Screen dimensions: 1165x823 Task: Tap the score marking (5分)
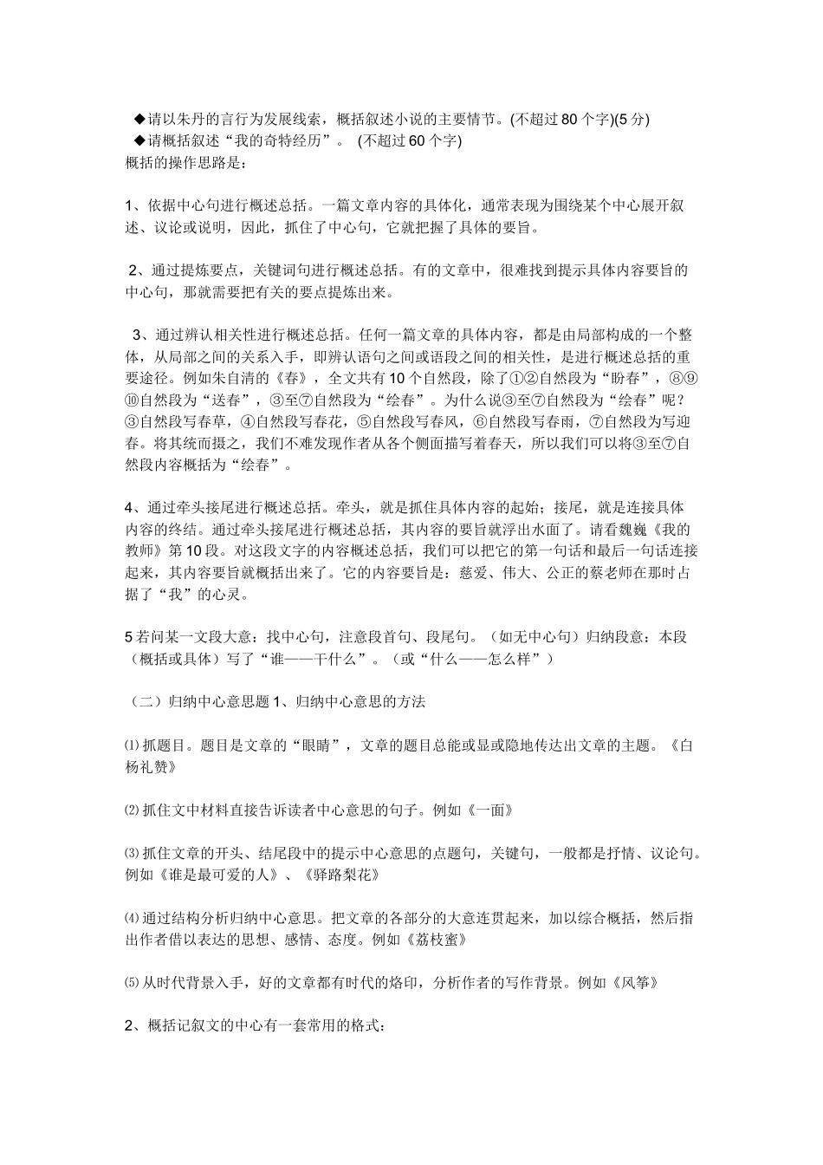(632, 120)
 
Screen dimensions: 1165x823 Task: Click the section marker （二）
(139, 702)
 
